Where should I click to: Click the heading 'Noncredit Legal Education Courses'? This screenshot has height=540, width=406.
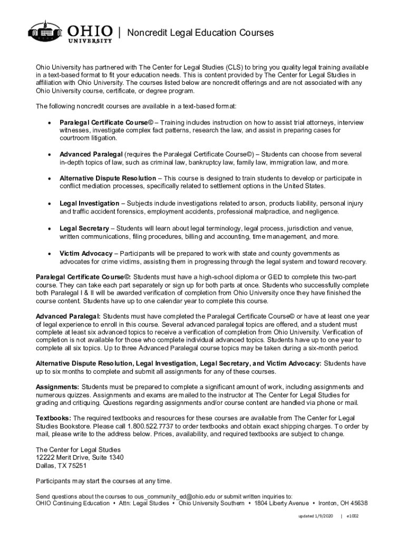coord(201,33)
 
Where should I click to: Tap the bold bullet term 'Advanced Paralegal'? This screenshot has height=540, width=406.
coord(91,154)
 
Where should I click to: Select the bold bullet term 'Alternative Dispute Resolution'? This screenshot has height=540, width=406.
coord(108,178)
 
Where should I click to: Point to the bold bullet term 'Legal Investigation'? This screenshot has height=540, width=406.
coord(89,203)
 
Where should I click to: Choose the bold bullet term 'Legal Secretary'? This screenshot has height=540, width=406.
coord(84,228)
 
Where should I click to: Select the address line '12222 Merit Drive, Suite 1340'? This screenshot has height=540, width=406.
coord(80,457)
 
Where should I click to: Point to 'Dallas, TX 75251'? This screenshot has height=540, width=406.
coord(61,466)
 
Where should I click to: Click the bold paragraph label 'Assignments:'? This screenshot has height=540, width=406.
coord(57,387)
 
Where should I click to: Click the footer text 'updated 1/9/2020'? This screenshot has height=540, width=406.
coord(314,516)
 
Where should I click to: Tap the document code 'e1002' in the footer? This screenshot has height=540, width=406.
coord(352,516)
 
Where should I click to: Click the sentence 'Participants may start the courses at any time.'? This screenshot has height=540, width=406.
coord(103,480)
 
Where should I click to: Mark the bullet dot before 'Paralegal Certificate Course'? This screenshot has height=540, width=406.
coord(49,123)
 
